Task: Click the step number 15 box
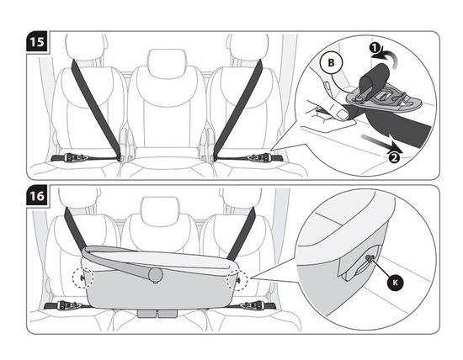point(37,42)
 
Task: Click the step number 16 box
point(37,196)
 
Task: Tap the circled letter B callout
point(331,62)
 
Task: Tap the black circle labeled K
point(395,283)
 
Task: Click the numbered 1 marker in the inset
point(375,47)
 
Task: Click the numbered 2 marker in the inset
point(394,157)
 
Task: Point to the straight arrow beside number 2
point(381,143)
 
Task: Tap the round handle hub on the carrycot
point(156,274)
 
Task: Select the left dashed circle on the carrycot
point(83,278)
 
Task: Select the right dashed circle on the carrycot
point(237,280)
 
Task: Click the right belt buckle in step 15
point(260,157)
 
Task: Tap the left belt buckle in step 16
point(70,305)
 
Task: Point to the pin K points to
point(370,258)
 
